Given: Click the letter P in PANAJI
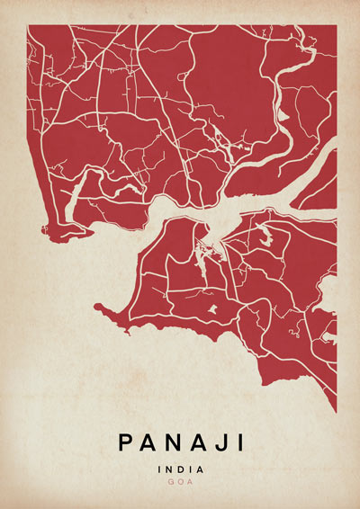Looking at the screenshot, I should pyautogui.click(x=125, y=442).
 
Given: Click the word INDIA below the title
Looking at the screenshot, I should pyautogui.click(x=180, y=469).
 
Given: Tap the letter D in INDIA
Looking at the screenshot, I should pyautogui.click(x=180, y=469).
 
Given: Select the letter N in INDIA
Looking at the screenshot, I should pyautogui.click(x=169, y=469).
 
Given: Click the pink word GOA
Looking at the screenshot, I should pyautogui.click(x=180, y=482).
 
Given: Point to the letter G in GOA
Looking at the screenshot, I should pyautogui.click(x=171, y=482).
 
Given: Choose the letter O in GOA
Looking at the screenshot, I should pyautogui.click(x=180, y=482).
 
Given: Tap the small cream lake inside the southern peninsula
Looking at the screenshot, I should pyautogui.click(x=213, y=308).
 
